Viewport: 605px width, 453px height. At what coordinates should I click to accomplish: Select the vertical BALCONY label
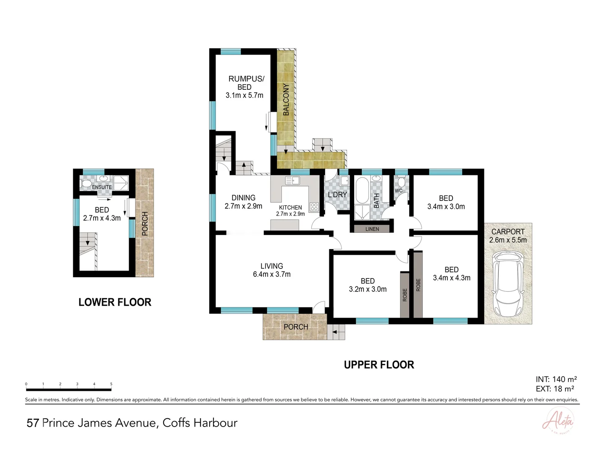click(x=286, y=99)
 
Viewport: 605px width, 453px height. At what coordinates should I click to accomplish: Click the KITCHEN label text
click(x=290, y=208)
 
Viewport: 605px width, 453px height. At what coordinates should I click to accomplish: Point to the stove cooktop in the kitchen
click(x=314, y=206)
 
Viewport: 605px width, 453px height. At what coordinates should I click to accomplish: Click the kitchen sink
click(x=292, y=181)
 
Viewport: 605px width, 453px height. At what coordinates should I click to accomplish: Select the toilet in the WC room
click(x=401, y=182)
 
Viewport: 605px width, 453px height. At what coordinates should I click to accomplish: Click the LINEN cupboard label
click(x=372, y=229)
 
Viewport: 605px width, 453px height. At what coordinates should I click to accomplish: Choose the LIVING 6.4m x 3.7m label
click(x=272, y=270)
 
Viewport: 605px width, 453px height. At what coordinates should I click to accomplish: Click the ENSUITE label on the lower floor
click(x=102, y=187)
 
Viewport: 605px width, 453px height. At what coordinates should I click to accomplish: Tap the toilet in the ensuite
click(x=86, y=184)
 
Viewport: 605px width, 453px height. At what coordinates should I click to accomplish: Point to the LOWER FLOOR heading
click(x=115, y=302)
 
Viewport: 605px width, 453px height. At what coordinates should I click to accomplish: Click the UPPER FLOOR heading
click(x=379, y=365)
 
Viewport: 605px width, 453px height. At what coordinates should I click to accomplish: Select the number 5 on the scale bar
click(x=111, y=384)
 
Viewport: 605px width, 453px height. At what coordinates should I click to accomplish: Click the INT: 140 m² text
click(x=556, y=380)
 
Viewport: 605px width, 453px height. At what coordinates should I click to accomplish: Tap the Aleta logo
click(x=558, y=422)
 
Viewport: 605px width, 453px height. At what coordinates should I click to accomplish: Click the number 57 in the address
click(x=33, y=423)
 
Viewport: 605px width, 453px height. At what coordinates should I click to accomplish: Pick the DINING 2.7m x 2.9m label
click(x=243, y=202)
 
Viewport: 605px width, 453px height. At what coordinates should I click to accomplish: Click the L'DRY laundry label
click(x=337, y=195)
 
